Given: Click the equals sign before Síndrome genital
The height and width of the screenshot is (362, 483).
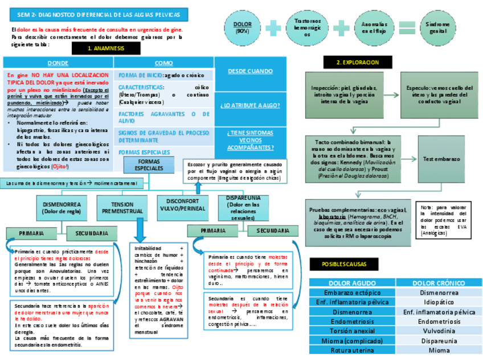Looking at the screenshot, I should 406,28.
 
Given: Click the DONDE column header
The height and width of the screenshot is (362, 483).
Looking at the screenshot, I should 58,63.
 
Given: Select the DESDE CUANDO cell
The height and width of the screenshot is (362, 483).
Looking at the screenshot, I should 250,71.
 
